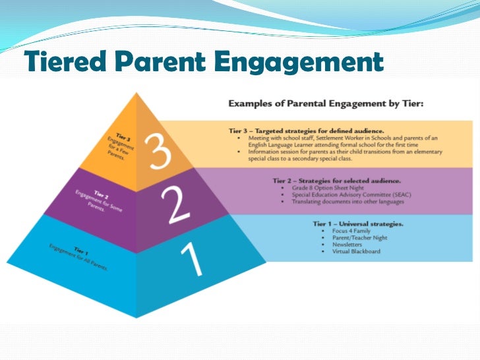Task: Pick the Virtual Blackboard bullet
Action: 356,251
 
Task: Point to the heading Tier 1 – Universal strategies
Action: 357,224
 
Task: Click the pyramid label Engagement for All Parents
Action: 77,255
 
